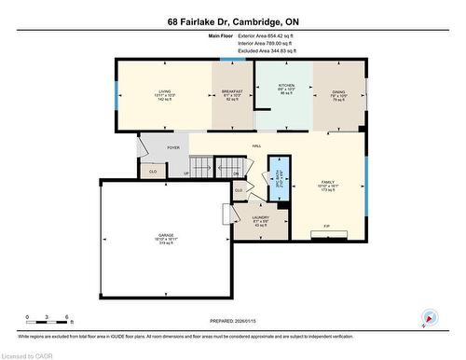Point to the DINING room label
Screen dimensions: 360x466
338,91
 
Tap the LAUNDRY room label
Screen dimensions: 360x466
261,218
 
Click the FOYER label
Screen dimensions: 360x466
172,147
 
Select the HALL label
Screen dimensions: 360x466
255,147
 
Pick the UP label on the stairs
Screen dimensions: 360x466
186,173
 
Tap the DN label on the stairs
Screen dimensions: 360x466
237,173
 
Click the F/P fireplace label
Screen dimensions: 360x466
326,227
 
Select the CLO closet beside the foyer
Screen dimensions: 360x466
153,172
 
